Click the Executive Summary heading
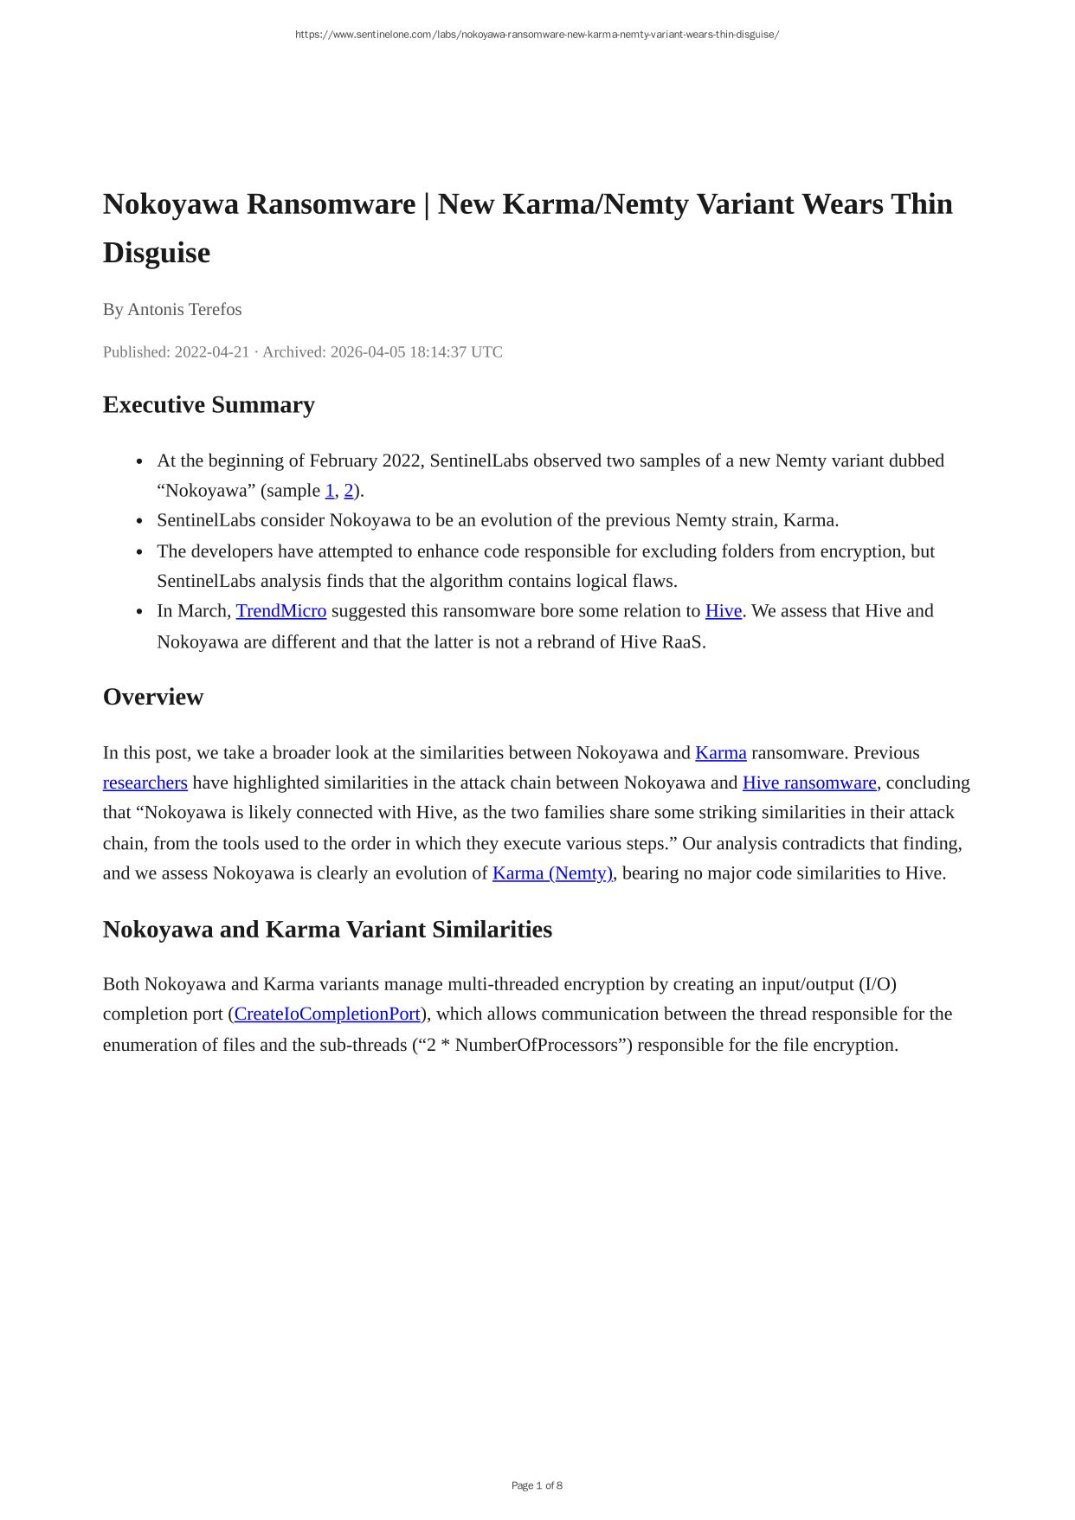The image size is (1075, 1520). [209, 405]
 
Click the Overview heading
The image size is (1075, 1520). [153, 697]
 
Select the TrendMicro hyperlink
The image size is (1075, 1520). [281, 611]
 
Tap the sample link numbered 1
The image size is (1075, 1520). [330, 491]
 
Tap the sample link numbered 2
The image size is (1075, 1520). [349, 491]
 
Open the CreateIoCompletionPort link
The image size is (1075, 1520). [327, 1014]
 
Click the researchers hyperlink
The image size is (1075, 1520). [145, 783]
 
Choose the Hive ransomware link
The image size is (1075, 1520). [809, 783]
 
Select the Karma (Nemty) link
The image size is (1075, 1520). [552, 873]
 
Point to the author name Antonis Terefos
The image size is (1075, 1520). [184, 309]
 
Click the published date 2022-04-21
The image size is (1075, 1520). [212, 351]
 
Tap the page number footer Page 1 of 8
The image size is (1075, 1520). [537, 1485]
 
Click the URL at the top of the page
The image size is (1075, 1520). [537, 35]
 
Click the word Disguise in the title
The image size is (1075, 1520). [157, 253]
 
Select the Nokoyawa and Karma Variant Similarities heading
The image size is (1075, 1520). [327, 929]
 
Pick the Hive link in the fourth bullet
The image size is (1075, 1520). [724, 611]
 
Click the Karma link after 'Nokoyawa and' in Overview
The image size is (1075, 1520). [720, 752]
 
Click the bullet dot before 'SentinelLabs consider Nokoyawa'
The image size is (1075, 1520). [139, 521]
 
